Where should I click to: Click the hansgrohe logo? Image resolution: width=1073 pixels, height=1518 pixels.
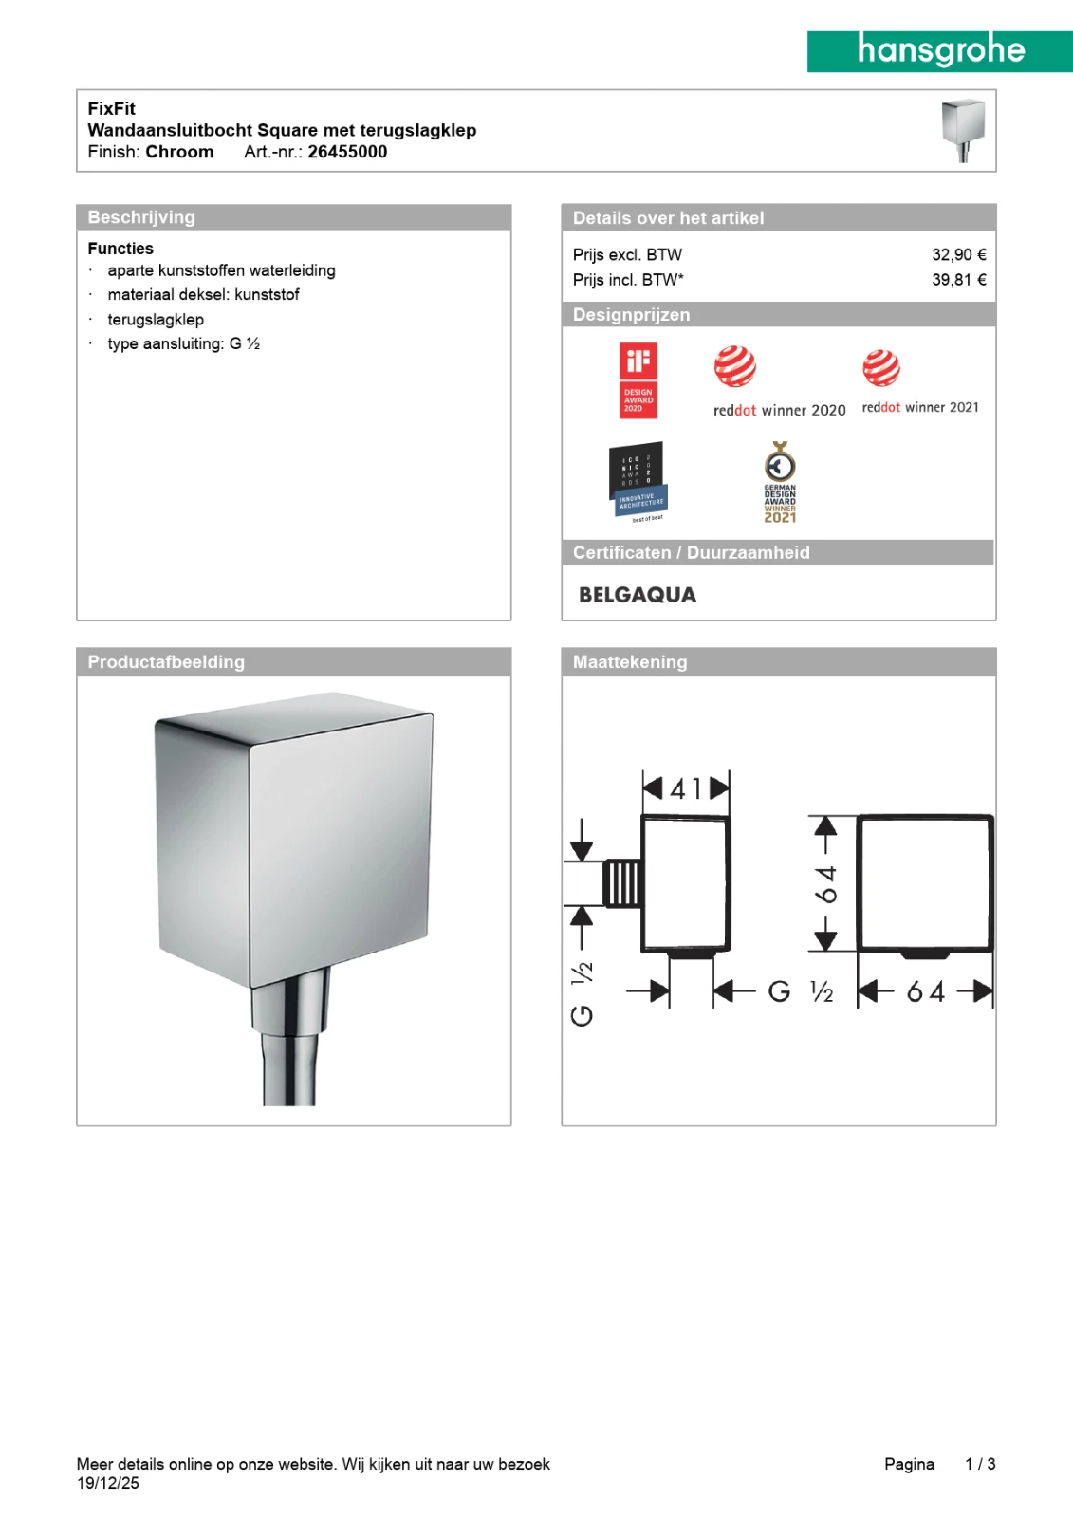[939, 51]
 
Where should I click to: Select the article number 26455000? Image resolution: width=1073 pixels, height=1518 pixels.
[347, 152]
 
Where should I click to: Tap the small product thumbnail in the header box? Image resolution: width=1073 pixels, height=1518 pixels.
[962, 130]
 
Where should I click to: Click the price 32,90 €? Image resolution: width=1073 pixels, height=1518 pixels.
[958, 254]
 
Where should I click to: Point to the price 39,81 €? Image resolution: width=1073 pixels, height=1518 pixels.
[958, 280]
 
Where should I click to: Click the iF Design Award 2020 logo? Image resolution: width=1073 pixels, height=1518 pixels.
[638, 380]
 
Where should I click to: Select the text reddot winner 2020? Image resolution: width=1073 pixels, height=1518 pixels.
[779, 410]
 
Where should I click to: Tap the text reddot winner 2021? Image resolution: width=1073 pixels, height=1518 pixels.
[919, 407]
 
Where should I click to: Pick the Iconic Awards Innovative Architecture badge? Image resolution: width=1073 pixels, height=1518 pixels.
[638, 481]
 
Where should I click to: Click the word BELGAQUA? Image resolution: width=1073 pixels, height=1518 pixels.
[638, 595]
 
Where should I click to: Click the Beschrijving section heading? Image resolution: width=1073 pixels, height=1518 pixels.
[141, 217]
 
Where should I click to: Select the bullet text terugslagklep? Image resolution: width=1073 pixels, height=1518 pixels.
[156, 320]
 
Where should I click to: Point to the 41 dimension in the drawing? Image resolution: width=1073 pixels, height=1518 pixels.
[686, 788]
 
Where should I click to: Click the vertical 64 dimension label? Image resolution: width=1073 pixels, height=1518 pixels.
[827, 883]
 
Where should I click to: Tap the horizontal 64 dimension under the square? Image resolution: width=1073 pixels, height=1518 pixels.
[925, 992]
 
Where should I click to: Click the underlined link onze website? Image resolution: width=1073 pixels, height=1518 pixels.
[286, 1464]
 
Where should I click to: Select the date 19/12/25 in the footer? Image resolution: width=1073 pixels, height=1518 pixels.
[108, 1483]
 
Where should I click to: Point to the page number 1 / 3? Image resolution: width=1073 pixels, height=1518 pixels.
[979, 1464]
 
